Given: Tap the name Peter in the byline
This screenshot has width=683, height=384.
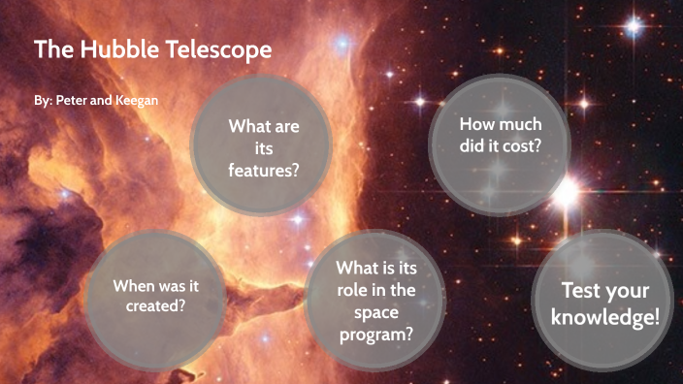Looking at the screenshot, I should click(x=70, y=101).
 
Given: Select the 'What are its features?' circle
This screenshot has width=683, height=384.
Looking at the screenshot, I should click(x=262, y=147).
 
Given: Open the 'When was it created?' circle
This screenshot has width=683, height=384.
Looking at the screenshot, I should click(x=155, y=296).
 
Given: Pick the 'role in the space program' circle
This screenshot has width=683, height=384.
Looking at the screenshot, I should click(x=375, y=300).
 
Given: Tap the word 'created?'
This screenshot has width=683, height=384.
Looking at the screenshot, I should click(x=155, y=305).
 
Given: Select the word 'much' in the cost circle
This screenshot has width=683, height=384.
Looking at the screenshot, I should click(x=521, y=124).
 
